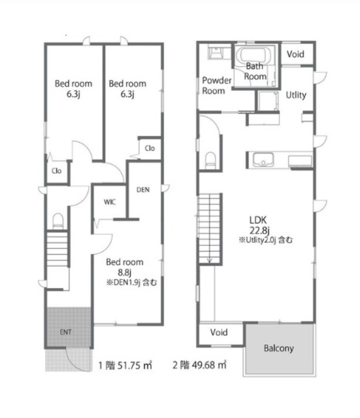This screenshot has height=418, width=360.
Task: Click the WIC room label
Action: point(110,202)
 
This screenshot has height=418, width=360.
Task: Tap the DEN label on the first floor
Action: point(143,190)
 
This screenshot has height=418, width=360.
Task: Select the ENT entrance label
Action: point(65,332)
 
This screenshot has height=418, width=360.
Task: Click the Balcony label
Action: point(279,348)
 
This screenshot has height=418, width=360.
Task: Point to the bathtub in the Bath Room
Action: point(254,56)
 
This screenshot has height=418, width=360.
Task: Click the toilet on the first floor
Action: point(57,221)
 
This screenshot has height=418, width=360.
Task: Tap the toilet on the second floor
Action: point(210,160)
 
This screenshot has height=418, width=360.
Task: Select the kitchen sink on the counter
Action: point(263,159)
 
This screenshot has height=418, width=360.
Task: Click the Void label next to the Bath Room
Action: point(295,54)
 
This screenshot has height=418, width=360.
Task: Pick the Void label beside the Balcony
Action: point(219,332)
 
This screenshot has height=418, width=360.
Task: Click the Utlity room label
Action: point(296,95)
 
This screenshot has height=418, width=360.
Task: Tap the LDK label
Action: point(258,220)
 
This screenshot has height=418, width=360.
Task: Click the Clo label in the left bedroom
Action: point(57,171)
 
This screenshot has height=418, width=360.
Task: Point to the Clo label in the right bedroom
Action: point(150,148)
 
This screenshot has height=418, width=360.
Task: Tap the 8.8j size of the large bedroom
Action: point(125,272)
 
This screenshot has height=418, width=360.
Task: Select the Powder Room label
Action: point(216,86)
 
